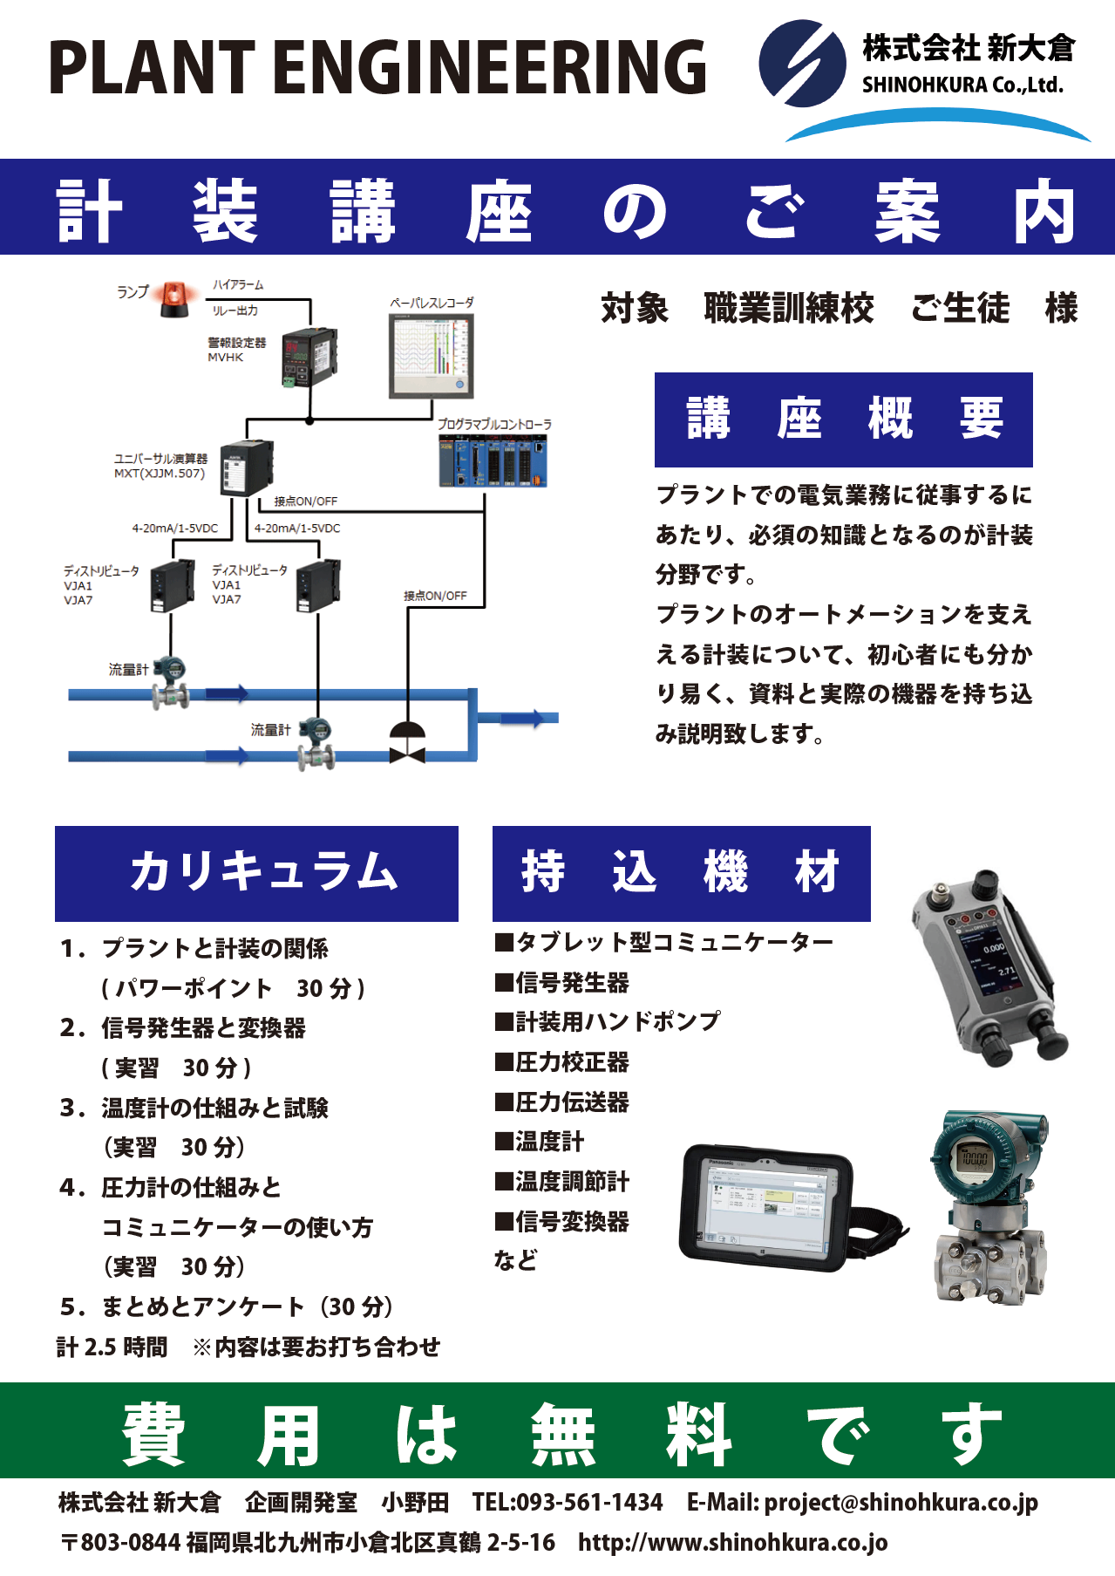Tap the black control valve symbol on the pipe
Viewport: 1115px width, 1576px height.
407,743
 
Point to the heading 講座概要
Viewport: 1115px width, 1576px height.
843,420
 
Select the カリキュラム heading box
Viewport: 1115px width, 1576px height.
256,873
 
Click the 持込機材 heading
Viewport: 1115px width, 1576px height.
681,873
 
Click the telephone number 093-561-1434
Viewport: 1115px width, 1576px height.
589,1502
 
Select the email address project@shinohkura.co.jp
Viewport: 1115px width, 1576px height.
901,1502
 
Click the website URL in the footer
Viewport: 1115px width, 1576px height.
732,1542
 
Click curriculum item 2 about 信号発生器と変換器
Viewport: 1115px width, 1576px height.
202,1028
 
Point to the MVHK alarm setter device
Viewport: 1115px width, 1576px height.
308,358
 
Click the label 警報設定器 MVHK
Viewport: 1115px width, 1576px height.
236,349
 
